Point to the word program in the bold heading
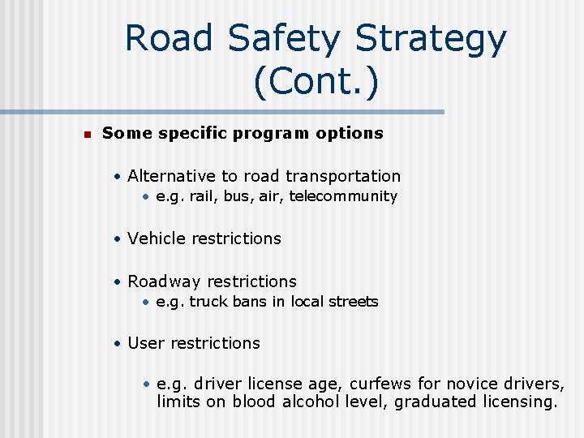click(270, 133)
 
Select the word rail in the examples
click(203, 196)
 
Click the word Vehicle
click(157, 238)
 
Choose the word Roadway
click(165, 281)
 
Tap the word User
click(146, 343)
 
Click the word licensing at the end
click(515, 402)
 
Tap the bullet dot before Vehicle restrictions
click(118, 239)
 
